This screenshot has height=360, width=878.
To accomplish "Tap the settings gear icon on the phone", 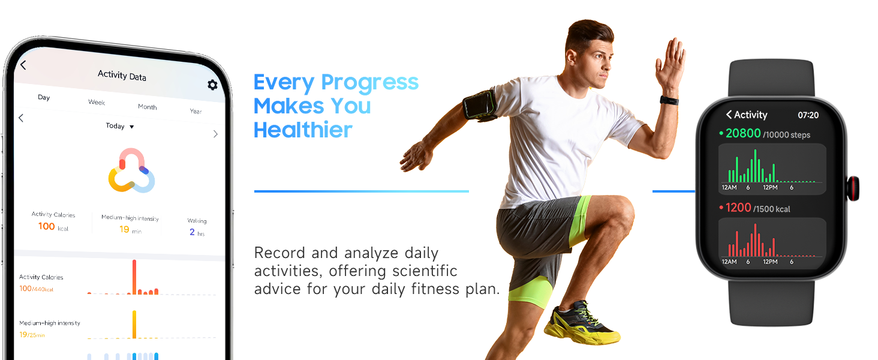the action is click(212, 85).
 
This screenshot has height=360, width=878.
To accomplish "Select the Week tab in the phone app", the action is click(97, 102).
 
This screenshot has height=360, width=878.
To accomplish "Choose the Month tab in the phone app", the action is click(148, 107).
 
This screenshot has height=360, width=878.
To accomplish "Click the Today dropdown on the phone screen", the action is click(120, 126).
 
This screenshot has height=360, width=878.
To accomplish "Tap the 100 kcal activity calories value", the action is click(53, 227).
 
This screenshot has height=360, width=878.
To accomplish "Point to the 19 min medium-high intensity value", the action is click(131, 229).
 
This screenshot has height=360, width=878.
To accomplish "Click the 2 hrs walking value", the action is click(197, 232).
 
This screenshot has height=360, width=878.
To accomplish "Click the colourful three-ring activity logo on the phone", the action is click(132, 170).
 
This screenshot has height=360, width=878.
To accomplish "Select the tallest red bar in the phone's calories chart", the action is click(134, 277).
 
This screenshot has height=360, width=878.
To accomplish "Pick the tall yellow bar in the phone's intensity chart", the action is click(134, 325).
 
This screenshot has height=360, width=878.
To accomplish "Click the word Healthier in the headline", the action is click(303, 130).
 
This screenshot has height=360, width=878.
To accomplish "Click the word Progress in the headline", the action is click(369, 83).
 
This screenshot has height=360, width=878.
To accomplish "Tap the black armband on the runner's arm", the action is click(480, 105).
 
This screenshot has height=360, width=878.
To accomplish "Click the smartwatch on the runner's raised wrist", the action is click(669, 100).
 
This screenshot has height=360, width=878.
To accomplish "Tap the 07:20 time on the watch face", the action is click(808, 115).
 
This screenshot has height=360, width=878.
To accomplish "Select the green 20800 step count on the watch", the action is click(743, 133).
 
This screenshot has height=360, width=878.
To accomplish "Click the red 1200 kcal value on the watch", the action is click(738, 208).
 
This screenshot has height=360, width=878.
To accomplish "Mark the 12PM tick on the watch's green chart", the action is click(770, 187).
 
